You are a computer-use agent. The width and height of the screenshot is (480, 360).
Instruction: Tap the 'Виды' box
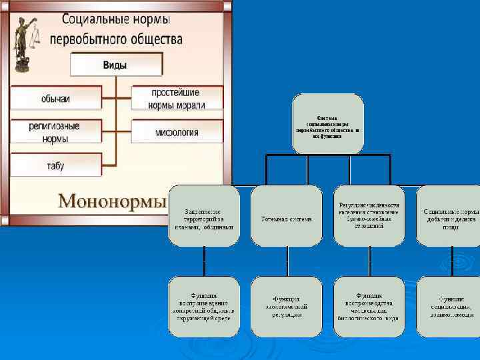tap(116, 65)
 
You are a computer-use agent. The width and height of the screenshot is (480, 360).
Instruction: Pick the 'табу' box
tap(55, 165)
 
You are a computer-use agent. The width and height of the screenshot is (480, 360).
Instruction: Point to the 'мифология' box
tap(177, 132)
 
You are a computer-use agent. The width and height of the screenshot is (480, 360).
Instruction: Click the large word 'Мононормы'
tap(112, 200)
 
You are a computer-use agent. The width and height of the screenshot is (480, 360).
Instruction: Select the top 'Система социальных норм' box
tap(328, 124)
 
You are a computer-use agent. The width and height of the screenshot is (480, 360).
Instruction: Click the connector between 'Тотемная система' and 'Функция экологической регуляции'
tap(286, 261)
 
